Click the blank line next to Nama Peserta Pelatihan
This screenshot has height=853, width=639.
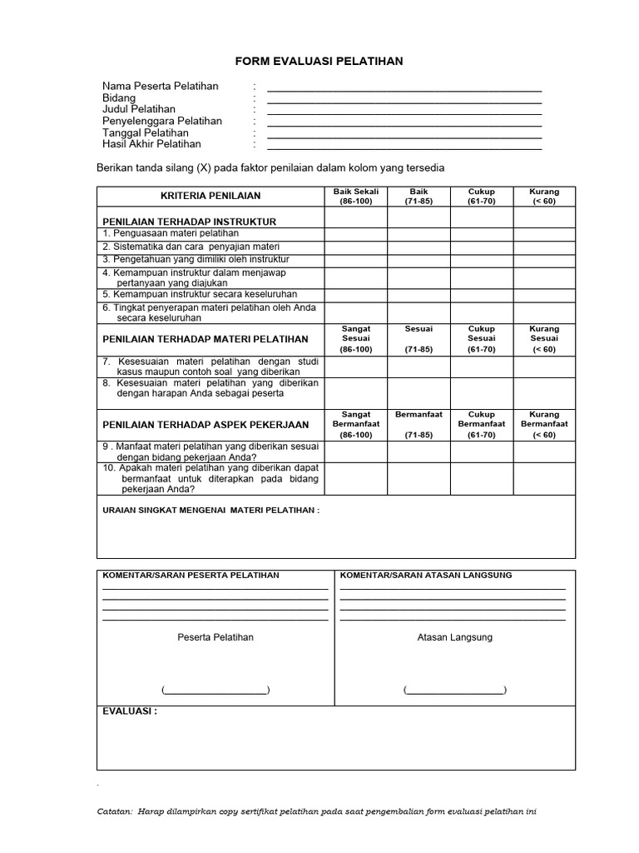[x=404, y=88]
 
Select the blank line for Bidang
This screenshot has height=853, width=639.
[x=404, y=100]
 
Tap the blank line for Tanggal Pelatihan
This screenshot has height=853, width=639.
[x=404, y=135]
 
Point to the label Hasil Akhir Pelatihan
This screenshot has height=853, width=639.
[x=151, y=144]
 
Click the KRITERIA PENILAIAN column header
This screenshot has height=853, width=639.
[x=211, y=196]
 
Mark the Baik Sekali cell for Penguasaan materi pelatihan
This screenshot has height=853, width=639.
[x=356, y=234]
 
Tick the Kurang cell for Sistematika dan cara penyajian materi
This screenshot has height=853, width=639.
[x=544, y=247]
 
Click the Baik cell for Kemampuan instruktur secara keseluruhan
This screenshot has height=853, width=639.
[x=419, y=295]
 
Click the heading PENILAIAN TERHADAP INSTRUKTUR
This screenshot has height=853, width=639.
[x=189, y=222]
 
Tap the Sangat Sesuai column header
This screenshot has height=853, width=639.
[x=356, y=339]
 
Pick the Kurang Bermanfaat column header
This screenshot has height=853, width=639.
[x=544, y=424]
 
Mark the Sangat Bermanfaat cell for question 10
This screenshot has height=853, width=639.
[x=356, y=479]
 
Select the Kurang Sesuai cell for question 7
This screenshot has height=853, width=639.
[x=544, y=367]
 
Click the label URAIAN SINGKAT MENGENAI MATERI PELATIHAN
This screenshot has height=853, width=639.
[x=211, y=510]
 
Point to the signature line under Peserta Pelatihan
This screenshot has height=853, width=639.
[x=215, y=691]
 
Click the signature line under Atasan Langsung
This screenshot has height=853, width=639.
[x=454, y=691]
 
